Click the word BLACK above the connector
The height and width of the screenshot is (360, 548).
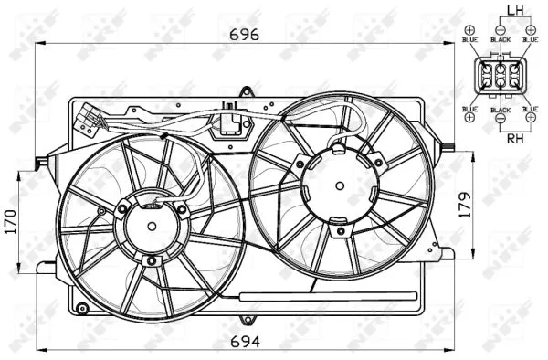click(500, 39)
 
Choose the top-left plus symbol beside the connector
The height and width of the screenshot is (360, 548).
click(469, 28)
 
